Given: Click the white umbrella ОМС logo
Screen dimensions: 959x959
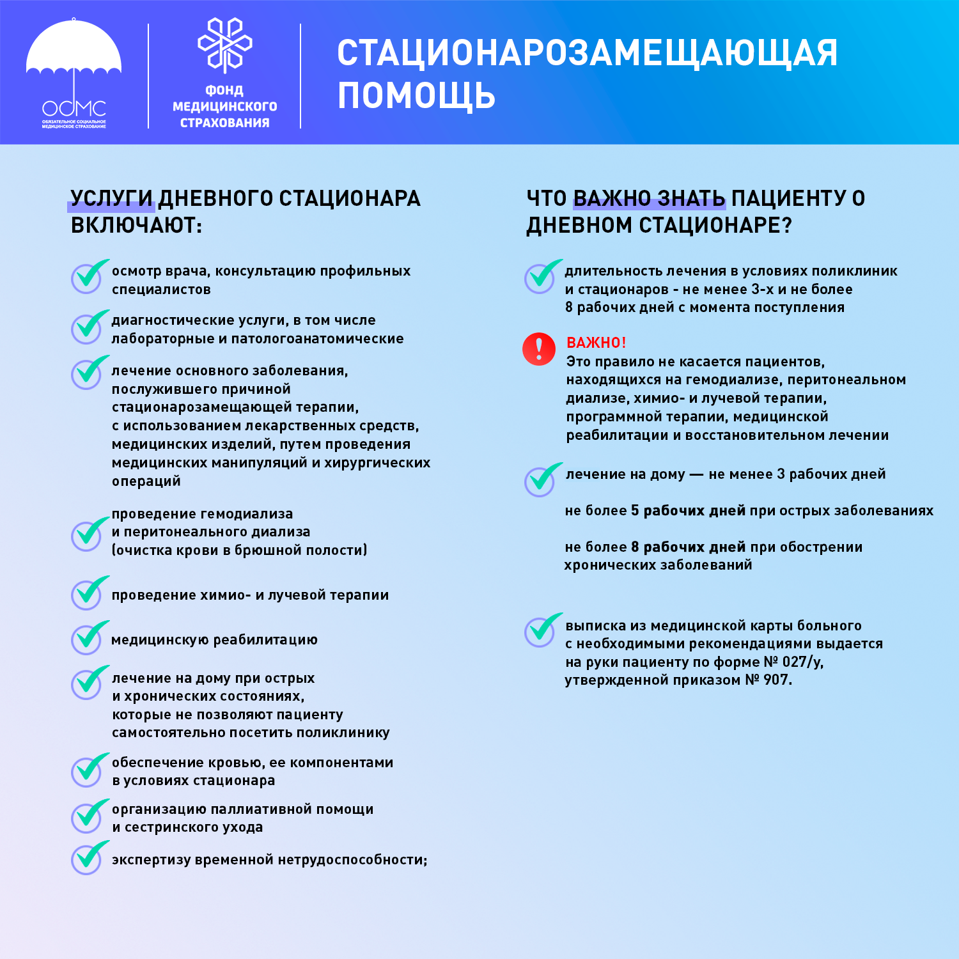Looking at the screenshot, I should coord(74,74).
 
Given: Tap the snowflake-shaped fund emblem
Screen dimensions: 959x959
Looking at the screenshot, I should coord(225,45).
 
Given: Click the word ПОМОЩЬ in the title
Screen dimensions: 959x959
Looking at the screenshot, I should coord(416,96).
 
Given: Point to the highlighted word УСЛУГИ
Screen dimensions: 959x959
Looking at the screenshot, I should coord(111,199).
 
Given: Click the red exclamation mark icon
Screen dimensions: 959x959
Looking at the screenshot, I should coord(539,349).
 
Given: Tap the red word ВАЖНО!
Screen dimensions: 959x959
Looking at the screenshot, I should coord(596,343).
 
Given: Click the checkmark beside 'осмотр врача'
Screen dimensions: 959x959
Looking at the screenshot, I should coord(88,277).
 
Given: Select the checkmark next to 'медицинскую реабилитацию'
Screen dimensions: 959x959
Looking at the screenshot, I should coord(88,638).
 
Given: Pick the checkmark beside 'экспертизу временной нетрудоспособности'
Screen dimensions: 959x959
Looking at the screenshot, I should coord(88,858).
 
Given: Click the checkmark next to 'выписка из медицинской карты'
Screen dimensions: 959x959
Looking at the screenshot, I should coord(542,630).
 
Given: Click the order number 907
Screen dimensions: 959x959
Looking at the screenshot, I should coord(776,680).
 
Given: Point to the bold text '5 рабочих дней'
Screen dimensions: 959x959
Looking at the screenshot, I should coord(688,511).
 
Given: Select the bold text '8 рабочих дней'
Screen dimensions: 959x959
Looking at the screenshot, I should coord(688,547).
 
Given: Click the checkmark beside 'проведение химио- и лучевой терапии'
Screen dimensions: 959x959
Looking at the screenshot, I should coord(88,593).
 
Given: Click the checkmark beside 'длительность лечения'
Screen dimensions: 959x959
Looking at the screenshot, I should coord(542,277).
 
